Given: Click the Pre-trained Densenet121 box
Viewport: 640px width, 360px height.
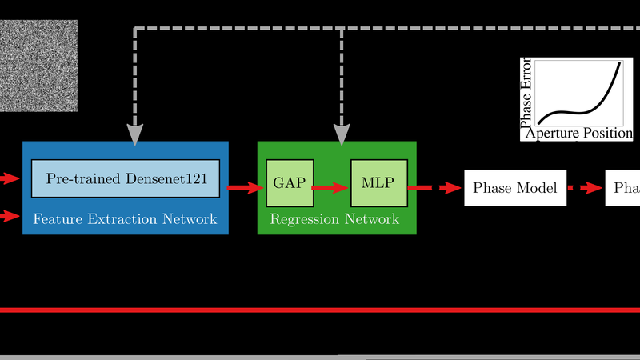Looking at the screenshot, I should (x=126, y=178).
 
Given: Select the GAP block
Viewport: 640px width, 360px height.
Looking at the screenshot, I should (x=290, y=182).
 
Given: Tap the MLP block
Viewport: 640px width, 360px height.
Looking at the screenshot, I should (x=379, y=182).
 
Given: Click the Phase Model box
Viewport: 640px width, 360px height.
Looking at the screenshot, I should (x=515, y=188).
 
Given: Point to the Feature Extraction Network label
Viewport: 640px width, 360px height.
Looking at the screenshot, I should (x=125, y=218).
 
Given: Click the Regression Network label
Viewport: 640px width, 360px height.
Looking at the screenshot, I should (x=334, y=218).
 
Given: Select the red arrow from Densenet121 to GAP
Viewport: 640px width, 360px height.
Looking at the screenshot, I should (x=245, y=188).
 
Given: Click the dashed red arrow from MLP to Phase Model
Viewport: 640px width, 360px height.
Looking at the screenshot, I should (x=436, y=188).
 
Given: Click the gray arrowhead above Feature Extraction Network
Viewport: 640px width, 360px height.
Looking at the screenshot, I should (x=134, y=134).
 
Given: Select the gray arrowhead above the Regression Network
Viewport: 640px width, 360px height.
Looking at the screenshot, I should (x=342, y=134).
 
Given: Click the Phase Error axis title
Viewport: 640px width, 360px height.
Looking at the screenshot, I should (x=526, y=93).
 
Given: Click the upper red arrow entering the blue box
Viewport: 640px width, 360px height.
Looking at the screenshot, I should (x=10, y=178).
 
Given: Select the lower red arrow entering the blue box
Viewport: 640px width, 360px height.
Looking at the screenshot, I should (x=10, y=214).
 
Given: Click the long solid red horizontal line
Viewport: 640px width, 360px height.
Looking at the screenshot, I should (x=320, y=310).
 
